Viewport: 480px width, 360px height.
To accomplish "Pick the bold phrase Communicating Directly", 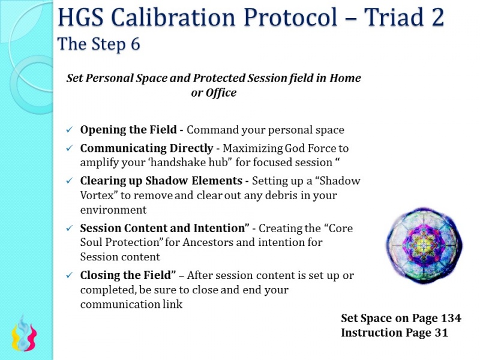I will click(146, 148).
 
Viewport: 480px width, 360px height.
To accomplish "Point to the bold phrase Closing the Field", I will click(128, 275).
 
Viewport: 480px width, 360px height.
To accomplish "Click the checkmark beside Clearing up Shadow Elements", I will click(70, 181).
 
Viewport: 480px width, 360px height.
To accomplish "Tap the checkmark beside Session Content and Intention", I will click(70, 229).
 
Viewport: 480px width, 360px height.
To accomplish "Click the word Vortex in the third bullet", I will click(96, 195).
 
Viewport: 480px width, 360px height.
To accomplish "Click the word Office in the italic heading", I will click(221, 93).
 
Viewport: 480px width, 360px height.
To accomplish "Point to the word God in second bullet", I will click(279, 148).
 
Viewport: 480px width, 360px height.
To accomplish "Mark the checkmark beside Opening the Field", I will click(70, 130).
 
